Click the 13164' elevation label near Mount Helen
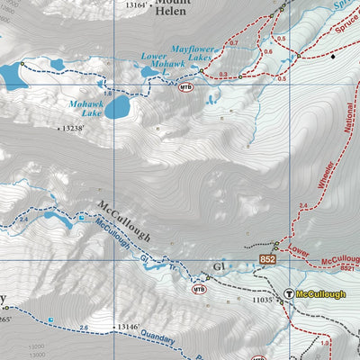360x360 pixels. (136, 5)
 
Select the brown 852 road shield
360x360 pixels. (267, 260)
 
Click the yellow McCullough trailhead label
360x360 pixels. (320, 294)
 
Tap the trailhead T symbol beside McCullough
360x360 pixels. (288, 294)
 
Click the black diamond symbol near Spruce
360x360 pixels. (332, 57)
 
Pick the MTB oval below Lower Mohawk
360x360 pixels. (187, 87)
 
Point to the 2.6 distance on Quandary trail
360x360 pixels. (83, 328)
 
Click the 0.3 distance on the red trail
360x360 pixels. (223, 73)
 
